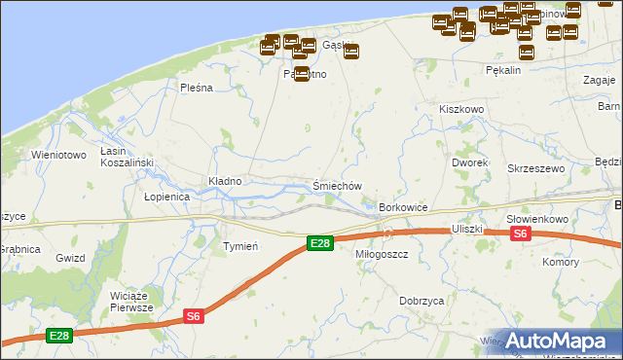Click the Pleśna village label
[196, 88]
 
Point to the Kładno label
[225, 181]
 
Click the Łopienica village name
[166, 197]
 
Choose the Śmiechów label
[337, 186]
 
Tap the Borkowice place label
[404, 207]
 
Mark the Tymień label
[240, 246]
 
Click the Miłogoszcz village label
[382, 253]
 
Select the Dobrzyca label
[422, 302]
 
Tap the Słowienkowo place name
[537, 219]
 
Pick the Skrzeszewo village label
[536, 168]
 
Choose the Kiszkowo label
[461, 110]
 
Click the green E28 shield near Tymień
[319, 243]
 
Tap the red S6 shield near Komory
[521, 234]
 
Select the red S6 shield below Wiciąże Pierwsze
[194, 315]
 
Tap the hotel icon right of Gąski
[351, 52]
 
